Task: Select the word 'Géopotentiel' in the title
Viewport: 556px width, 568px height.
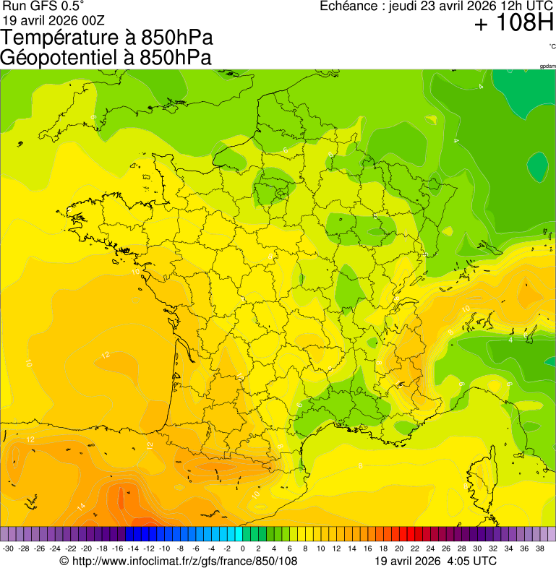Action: tap(57, 58)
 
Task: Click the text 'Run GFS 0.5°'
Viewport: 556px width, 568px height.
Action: tap(43, 6)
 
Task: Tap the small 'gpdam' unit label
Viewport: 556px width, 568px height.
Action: tap(547, 66)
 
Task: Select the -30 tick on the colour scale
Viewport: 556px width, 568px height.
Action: tap(9, 548)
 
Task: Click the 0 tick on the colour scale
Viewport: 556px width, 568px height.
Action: tap(242, 548)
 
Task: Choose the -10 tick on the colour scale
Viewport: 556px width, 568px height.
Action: tap(165, 548)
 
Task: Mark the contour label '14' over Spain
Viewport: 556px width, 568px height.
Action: tap(82, 506)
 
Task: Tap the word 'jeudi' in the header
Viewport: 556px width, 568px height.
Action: tap(403, 7)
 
